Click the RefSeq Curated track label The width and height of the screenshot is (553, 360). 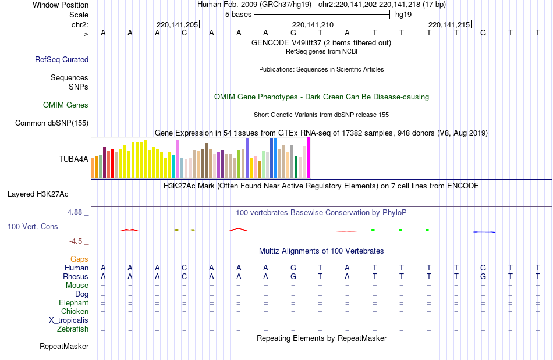[x=62, y=59]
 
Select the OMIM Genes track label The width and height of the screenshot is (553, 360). [x=65, y=105]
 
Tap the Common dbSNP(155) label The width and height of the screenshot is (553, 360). [x=52, y=123]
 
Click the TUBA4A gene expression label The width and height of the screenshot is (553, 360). [x=73, y=158]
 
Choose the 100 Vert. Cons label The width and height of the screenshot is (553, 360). [x=33, y=226]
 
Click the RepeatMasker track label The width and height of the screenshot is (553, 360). [x=64, y=347]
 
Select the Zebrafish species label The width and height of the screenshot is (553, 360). [x=73, y=329]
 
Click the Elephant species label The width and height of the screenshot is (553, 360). [x=73, y=303]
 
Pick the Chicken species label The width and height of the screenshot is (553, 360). [x=75, y=312]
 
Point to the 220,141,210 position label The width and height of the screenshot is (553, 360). [x=313, y=24]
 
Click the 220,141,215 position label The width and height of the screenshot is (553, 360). [x=449, y=24]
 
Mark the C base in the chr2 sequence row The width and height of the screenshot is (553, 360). [x=184, y=33]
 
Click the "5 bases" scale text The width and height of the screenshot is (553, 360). [x=237, y=14]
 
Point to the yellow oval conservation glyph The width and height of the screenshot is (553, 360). [x=185, y=230]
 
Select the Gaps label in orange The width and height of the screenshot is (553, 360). [x=79, y=259]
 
